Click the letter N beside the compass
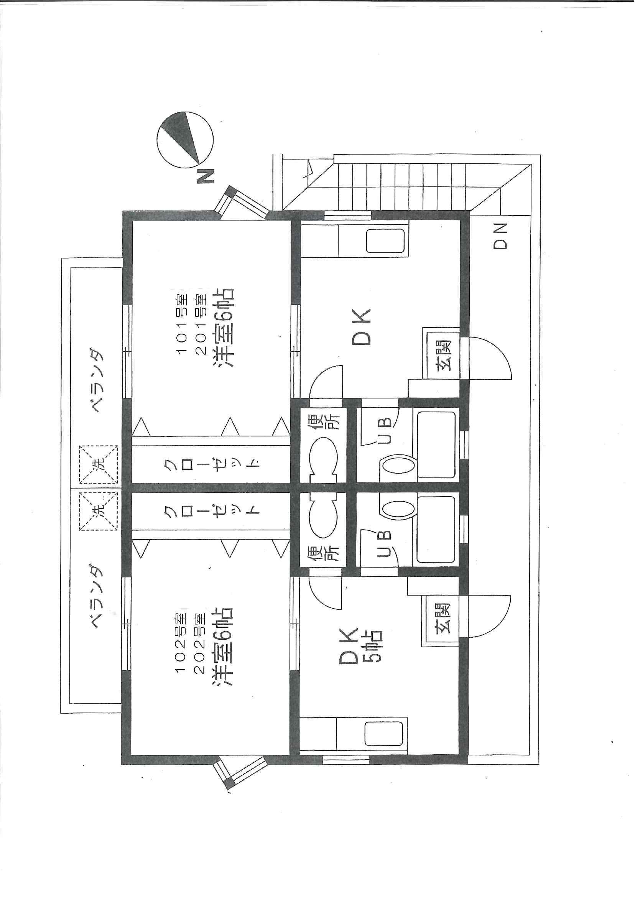(x=205, y=176)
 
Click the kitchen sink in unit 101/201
(x=385, y=240)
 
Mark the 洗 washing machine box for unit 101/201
(x=99, y=465)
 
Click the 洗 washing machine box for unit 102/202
(x=99, y=512)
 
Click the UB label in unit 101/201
(x=385, y=431)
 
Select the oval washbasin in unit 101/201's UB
(x=397, y=466)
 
